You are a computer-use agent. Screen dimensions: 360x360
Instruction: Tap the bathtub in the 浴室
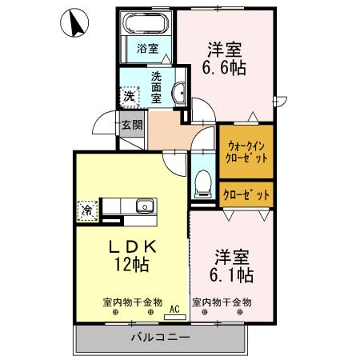coord(146,23)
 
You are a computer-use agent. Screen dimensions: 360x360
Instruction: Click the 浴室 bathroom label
coord(147,48)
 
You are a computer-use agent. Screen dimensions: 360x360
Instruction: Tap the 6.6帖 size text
coord(224,69)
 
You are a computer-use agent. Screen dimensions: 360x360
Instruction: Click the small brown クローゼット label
coord(246,194)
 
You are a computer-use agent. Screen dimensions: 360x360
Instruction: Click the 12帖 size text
coord(132,263)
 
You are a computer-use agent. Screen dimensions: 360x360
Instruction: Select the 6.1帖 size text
coord(233,275)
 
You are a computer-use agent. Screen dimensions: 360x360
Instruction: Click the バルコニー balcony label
coord(160,338)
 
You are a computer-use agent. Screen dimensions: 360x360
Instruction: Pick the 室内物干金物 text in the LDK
coord(132,302)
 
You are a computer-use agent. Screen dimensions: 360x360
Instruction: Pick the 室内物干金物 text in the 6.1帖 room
coord(222,302)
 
